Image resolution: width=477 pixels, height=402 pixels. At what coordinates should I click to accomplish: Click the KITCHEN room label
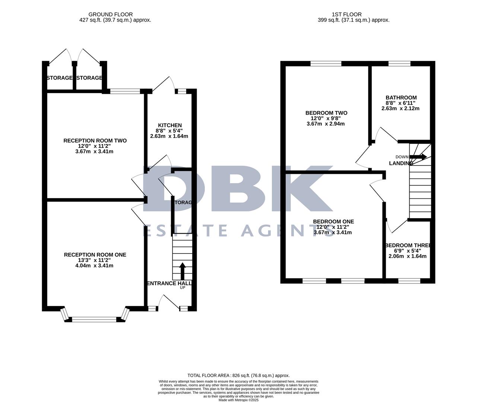point(170,125)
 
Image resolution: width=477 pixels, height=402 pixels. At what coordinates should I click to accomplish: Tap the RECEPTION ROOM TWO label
point(95,141)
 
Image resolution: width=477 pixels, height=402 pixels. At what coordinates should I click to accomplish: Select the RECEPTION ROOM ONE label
point(95,255)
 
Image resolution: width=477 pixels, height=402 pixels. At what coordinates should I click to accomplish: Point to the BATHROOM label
point(401,98)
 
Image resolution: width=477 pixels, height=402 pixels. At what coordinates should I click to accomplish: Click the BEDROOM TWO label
point(326,113)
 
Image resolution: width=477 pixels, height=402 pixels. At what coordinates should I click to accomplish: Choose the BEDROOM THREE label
point(408,246)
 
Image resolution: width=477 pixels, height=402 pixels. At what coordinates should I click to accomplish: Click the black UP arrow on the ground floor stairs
point(182,271)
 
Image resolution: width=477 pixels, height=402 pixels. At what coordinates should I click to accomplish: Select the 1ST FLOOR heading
point(349,15)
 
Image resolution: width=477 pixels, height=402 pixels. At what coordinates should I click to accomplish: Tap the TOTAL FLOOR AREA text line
point(238,376)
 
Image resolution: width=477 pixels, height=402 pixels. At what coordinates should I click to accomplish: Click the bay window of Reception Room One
point(95,319)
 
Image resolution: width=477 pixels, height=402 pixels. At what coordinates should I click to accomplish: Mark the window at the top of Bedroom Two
point(326,64)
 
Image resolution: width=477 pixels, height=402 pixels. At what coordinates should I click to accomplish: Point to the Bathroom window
point(400,64)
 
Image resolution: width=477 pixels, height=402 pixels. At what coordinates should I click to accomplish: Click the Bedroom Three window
point(409,281)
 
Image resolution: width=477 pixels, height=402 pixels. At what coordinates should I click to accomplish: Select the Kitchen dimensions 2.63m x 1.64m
point(169,136)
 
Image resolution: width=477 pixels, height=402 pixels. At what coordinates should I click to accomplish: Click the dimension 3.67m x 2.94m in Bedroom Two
point(325,124)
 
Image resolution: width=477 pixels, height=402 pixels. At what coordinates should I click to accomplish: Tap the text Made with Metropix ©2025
point(238,400)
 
